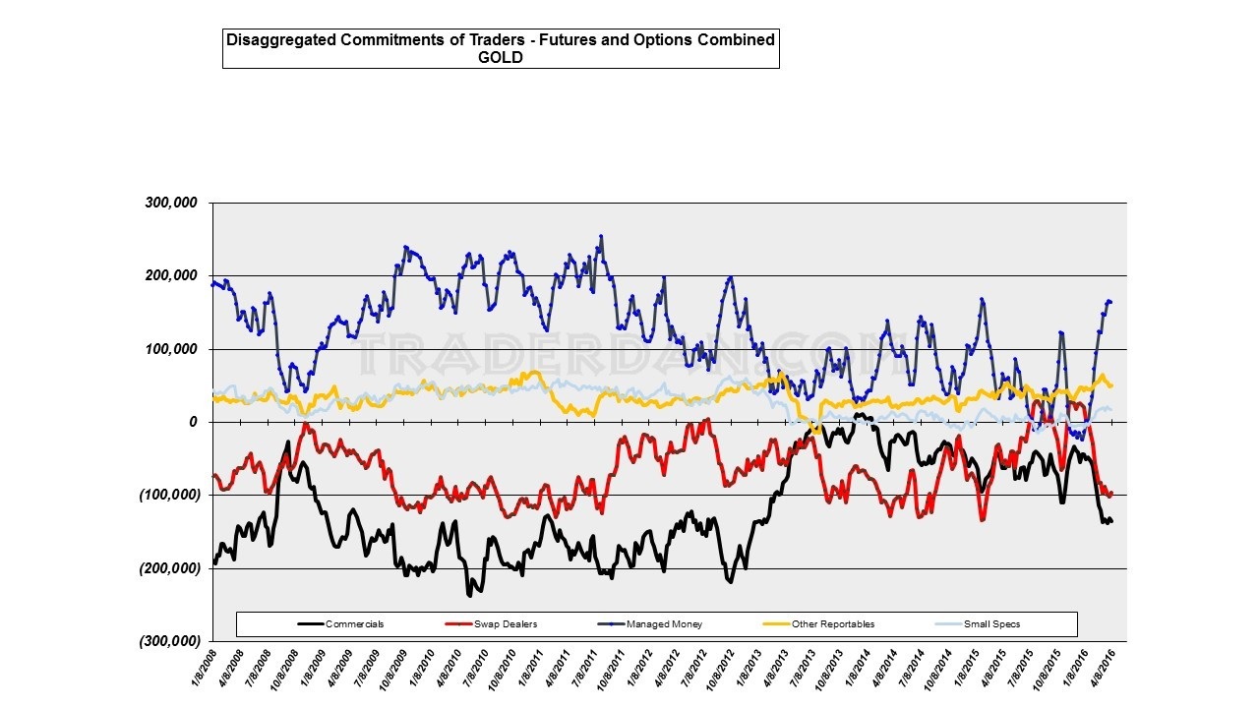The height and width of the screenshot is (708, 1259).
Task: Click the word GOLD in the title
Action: (x=502, y=57)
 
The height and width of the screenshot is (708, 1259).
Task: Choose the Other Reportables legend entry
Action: (x=832, y=624)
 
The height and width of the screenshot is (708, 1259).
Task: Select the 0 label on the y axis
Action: (x=194, y=423)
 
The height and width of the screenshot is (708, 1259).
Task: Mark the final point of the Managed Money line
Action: (x=1110, y=302)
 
